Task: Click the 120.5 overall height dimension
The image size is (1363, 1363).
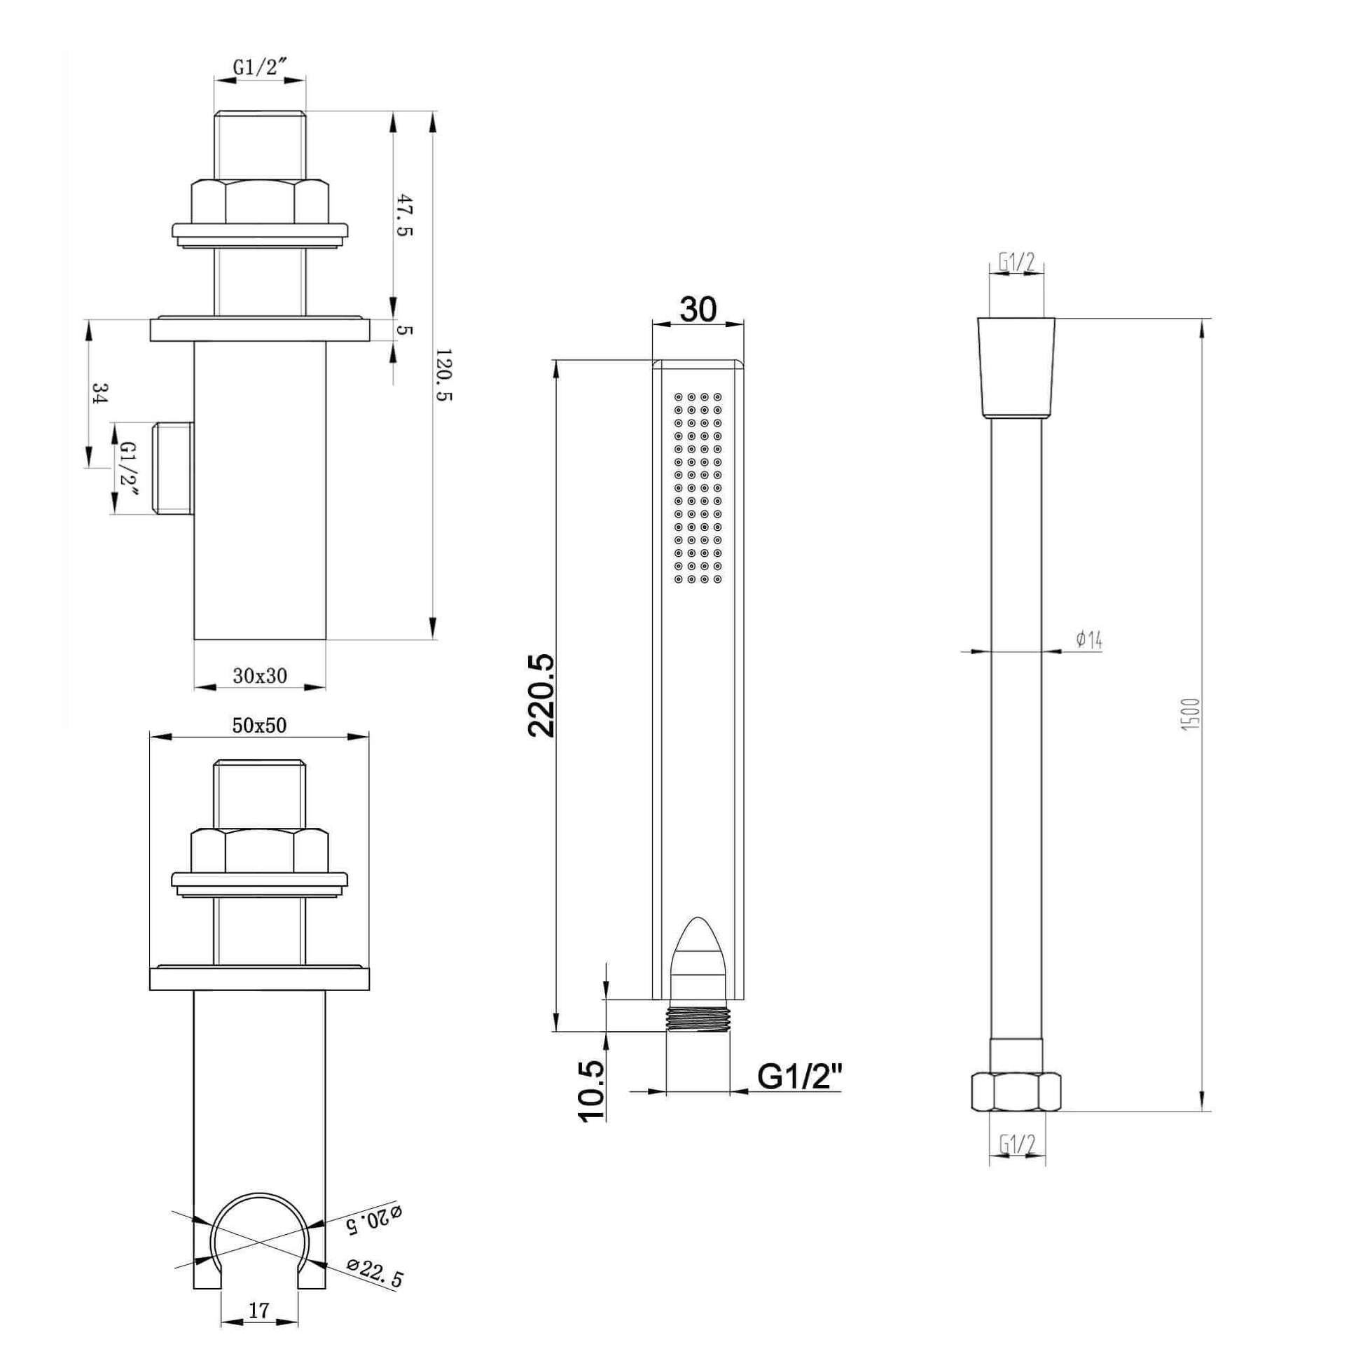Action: coord(445,375)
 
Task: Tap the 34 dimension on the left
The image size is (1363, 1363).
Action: coord(100,393)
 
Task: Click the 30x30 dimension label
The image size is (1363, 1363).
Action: coord(260,676)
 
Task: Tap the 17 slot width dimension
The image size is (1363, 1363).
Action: coord(260,1310)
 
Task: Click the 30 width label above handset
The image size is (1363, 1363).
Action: coord(698,308)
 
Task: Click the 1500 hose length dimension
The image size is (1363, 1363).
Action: coord(1190,714)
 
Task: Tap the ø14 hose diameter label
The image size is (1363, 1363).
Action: coord(1089,640)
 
